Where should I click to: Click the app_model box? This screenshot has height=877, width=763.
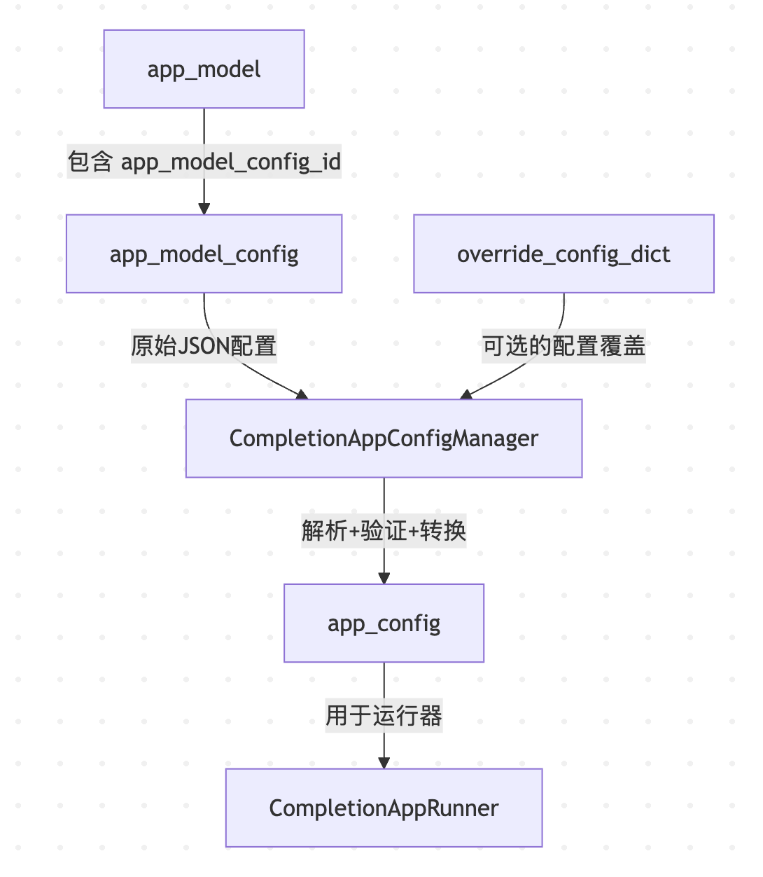point(204,69)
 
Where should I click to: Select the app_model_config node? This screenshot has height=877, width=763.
point(204,254)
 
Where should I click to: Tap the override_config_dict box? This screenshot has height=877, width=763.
point(563,254)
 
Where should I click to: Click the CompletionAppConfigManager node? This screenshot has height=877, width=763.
point(384,438)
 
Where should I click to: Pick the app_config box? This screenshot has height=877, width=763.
point(384,623)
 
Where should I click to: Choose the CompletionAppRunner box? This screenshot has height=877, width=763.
point(384,808)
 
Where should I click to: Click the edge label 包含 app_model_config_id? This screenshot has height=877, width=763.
point(204,162)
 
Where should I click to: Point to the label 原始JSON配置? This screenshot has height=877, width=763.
point(204,346)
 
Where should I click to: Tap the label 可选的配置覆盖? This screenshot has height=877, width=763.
point(563,346)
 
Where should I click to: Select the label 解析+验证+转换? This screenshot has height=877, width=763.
point(384,530)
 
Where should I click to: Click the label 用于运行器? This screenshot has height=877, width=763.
point(384,715)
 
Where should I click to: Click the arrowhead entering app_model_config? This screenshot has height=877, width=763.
point(204,208)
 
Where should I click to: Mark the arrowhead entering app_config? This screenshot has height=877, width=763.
point(384,578)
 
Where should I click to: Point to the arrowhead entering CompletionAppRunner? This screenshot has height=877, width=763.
point(384,762)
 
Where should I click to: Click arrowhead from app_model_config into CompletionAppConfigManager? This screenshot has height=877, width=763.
point(302,395)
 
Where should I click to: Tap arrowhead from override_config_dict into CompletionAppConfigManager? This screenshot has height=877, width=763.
point(466,395)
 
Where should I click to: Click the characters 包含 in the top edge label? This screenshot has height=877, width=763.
point(90,162)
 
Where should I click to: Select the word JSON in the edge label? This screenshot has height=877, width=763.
point(204,346)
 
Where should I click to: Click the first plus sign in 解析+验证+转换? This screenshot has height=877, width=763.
point(354,531)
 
